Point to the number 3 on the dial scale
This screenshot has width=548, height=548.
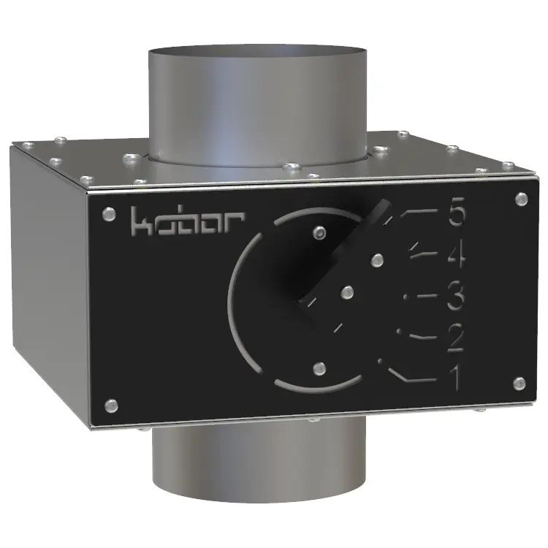[x=456, y=298]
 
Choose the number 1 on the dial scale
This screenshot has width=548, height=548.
[x=455, y=378]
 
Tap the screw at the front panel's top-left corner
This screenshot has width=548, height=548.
[x=109, y=214]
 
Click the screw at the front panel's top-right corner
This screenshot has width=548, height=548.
[x=522, y=199]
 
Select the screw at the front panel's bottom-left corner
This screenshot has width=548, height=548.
[x=111, y=406]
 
